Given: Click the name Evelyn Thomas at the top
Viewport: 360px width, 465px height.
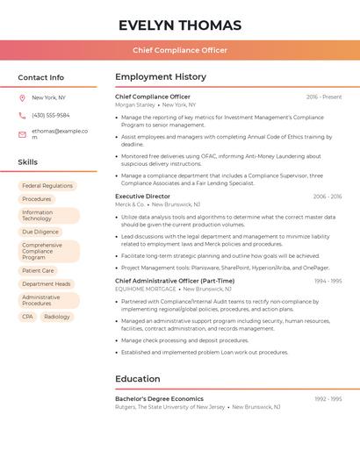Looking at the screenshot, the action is coord(180,25).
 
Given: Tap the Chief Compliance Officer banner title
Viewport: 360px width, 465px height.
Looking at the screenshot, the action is coord(180,50).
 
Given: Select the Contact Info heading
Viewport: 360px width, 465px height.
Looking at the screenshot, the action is coord(41,77).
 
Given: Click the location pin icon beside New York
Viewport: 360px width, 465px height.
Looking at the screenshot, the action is coord(22,97).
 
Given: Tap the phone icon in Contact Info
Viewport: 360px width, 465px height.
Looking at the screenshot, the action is coord(22,115).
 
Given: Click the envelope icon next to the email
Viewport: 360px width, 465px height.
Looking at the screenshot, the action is coord(22,134).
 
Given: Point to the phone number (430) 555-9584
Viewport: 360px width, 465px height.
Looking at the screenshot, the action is coord(50,115).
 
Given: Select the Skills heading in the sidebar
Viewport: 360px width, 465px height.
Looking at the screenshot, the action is coord(28,162).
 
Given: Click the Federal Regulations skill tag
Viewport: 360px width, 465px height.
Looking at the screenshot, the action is coord(47,186).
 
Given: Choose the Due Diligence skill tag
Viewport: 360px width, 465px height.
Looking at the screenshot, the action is coord(40,232).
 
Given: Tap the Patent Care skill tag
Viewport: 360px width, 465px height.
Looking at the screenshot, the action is coord(38,270).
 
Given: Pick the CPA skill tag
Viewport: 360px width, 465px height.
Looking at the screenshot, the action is coord(28,316).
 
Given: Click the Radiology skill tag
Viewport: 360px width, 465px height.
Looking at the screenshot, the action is coord(57,316).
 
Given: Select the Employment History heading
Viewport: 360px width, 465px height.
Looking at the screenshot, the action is coord(161,77).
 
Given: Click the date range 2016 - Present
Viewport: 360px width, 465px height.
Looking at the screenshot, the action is coord(324,97).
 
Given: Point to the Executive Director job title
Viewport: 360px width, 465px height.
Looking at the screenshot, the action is coord(142,197).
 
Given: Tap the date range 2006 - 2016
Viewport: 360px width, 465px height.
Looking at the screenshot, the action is coord(328,197).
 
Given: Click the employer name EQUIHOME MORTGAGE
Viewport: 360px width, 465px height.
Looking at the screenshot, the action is coord(145,289).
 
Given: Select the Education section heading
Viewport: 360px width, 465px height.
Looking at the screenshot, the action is coord(138,379).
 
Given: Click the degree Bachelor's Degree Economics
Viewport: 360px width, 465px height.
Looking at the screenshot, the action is coord(159,398).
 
